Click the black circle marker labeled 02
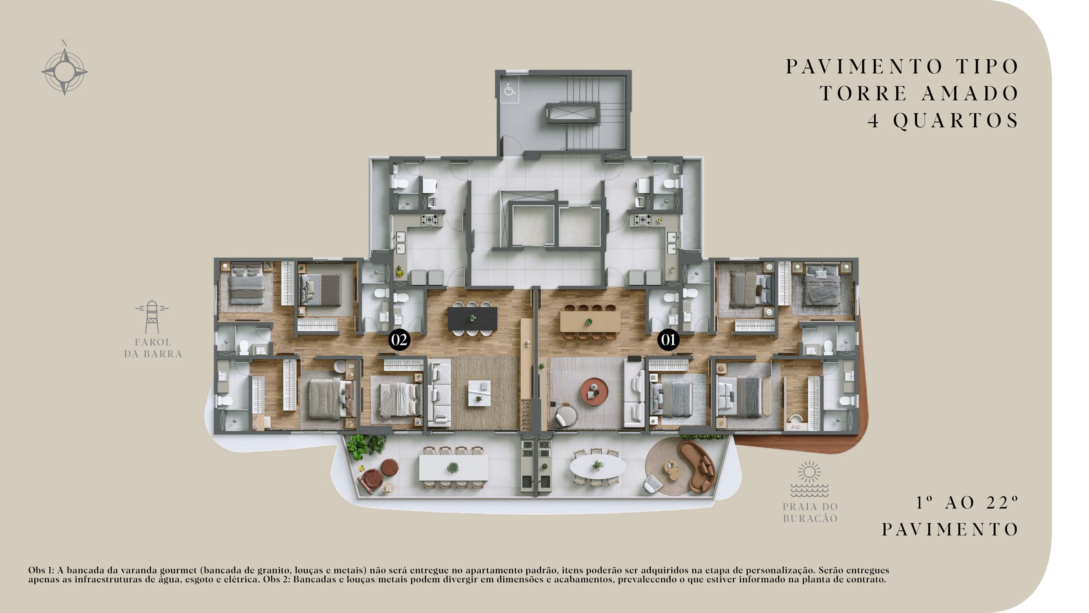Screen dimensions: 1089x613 coord(399,340)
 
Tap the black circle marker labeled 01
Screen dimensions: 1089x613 coord(668,340)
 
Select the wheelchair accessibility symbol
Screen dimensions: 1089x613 coord(509,90)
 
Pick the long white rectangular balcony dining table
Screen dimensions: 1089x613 coord(453,467)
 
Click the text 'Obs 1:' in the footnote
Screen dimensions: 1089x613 coord(41,570)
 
